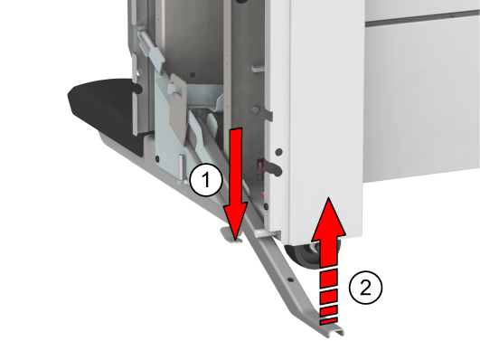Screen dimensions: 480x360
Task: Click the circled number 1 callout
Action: point(206,180)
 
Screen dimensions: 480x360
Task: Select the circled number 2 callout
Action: point(366,288)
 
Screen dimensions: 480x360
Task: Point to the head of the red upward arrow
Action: point(329,217)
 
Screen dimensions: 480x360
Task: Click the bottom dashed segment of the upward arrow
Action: point(329,321)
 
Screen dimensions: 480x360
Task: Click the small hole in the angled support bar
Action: point(290,279)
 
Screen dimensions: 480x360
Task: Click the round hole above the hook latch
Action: point(279,151)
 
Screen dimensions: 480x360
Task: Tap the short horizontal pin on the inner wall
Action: point(258,69)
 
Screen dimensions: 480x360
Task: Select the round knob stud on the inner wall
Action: point(255,109)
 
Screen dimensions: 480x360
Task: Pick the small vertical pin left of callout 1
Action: point(181,167)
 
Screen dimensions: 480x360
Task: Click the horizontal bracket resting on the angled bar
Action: point(267,234)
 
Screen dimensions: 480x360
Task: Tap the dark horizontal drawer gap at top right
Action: point(422,18)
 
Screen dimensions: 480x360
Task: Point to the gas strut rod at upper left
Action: point(152,51)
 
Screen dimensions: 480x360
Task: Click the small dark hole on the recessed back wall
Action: point(193,74)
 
